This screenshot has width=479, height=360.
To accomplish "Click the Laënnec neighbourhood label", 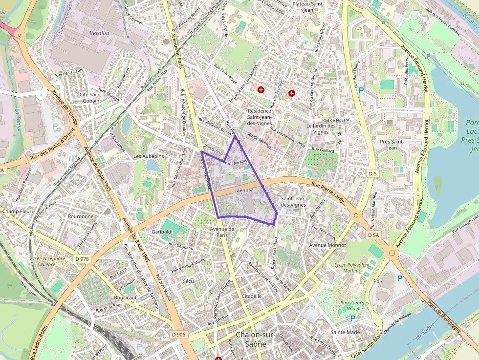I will point(244,191).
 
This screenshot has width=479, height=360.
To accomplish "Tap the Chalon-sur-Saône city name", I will point(255,339).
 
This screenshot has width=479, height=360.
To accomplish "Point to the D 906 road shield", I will point(179,335).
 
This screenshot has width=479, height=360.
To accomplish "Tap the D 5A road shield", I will point(373,235).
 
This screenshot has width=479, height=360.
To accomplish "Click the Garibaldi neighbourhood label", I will point(162,232).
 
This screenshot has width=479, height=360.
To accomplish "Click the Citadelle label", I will point(252,296).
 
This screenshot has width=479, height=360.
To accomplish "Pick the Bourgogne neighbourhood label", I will point(81,216).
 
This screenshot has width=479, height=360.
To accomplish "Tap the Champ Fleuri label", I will point(18,212).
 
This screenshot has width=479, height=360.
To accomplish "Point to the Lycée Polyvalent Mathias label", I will point(351,267).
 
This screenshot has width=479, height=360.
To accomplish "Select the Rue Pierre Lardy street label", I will point(328,191).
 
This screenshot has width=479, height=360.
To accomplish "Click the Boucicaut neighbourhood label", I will point(125,297).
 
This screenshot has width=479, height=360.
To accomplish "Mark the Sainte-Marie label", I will point(345,332).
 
